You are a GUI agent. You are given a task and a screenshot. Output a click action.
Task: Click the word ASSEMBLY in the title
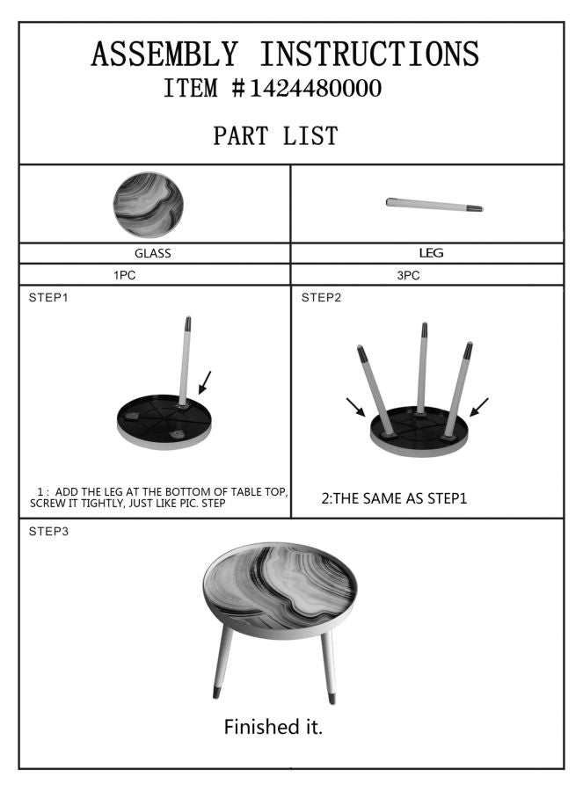[164, 54]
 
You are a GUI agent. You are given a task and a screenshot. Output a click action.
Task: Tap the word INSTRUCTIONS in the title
[369, 54]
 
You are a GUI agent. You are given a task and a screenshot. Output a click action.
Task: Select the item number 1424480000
[316, 88]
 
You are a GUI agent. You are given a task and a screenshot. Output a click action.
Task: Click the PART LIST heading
[275, 135]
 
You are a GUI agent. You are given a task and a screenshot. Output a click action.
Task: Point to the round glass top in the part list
[149, 205]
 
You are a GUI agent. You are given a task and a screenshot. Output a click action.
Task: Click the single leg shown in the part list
[434, 204]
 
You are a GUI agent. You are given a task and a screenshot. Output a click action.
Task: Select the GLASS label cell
[155, 253]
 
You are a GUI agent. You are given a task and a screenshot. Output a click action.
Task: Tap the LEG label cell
[427, 253]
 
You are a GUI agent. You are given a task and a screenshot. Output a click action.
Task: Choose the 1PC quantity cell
[155, 275]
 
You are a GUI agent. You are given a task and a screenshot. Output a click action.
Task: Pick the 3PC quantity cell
[427, 275]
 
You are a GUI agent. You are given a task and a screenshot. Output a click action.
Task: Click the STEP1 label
[48, 298]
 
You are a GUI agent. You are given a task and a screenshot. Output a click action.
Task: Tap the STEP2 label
[322, 298]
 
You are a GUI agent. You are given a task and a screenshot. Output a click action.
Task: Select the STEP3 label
[48, 531]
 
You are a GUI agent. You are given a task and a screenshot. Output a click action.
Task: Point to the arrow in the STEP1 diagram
[205, 382]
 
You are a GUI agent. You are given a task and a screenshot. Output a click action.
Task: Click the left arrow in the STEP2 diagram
[356, 407]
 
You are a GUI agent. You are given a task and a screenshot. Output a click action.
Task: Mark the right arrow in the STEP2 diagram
[479, 407]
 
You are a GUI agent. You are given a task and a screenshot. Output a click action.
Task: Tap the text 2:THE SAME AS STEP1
[394, 498]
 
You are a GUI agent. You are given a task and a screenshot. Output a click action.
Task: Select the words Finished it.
[273, 727]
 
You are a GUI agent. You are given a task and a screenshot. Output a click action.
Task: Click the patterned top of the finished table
[280, 588]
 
